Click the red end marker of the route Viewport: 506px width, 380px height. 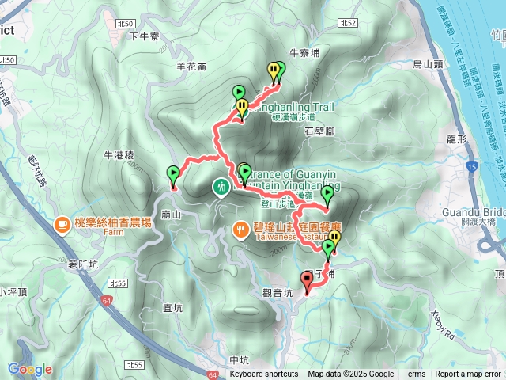pos(307,279)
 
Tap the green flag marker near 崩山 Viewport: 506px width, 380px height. pos(173,174)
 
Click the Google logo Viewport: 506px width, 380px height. pos(29,369)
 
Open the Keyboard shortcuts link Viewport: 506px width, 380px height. pos(264,374)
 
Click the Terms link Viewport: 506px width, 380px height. pos(414,374)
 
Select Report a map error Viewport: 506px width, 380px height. pos(469,374)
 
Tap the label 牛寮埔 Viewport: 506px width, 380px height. pos(304,53)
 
